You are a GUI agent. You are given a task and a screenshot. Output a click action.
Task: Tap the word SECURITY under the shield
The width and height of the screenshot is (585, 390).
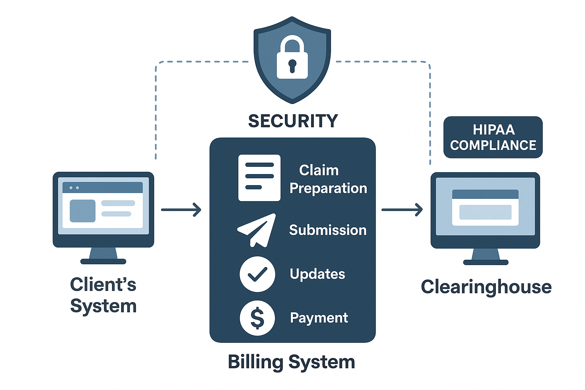coord(293,121)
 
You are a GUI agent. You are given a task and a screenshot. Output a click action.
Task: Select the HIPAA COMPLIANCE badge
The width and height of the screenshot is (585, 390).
coord(493,137)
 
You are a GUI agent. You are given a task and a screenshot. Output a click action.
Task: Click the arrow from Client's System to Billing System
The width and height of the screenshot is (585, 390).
coord(181,209)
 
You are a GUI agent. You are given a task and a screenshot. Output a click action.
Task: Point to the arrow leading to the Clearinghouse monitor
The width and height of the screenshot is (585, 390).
coord(402,209)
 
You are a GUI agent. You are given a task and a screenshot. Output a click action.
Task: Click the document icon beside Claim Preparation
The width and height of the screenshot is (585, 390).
coord(259,177)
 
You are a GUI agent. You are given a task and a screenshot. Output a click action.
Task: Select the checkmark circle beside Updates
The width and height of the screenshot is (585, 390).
coord(257,274)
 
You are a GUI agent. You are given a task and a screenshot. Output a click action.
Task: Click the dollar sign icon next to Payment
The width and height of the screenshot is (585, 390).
coord(257,318)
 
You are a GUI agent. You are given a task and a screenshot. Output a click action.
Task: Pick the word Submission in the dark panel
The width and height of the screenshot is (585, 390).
coord(328,230)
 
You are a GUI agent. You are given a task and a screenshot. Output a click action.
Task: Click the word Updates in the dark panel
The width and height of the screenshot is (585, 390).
coord(317,274)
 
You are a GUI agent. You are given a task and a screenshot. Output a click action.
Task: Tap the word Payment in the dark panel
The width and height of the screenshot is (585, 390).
coord(319,318)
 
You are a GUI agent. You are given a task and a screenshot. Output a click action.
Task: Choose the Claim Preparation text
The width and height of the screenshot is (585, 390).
coord(328,179)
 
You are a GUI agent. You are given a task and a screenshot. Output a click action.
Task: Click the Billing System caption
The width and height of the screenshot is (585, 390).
coord(291,362)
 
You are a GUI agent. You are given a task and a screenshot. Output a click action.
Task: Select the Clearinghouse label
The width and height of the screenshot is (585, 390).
coord(486,287)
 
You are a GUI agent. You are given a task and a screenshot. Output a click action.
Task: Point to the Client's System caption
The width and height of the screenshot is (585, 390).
coord(103,295)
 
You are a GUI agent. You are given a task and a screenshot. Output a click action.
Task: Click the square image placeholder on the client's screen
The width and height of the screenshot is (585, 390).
coord(82,211)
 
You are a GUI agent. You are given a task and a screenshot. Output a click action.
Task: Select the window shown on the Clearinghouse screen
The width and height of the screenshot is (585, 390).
coord(485,208)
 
